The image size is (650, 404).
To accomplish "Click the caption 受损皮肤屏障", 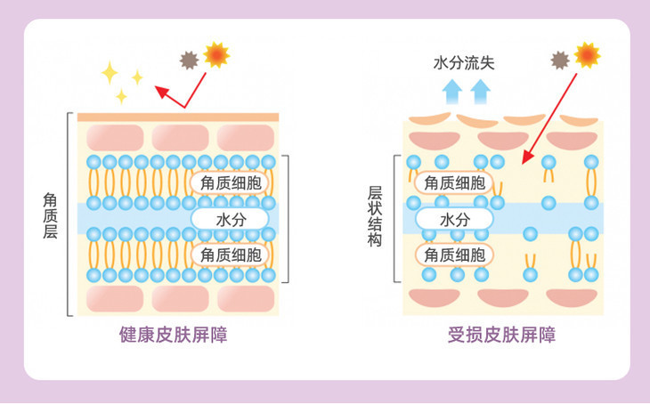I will pos(501,335).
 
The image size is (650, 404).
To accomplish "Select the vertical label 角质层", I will pos(51,214).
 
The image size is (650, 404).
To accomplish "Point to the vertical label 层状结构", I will pos(375,216).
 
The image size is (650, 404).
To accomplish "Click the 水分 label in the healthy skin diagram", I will pos(230,218).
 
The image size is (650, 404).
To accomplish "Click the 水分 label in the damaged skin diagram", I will pos(454,218).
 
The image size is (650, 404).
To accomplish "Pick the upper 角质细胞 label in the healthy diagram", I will pos(230,182).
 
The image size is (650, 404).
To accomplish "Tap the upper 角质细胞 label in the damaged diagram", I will pos(454,182).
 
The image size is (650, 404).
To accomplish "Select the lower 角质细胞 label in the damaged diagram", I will pos(454,255).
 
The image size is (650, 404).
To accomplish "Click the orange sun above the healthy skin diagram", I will pos(216,54).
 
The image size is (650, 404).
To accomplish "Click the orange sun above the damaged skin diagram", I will pos(587,55).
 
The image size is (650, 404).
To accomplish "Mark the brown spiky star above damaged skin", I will pos(560,60).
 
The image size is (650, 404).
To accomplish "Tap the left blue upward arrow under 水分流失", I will pos(452,91).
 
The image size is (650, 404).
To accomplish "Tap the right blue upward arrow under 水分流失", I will pos(481,91).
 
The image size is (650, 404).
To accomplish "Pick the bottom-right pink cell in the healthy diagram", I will pos(246,298).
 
